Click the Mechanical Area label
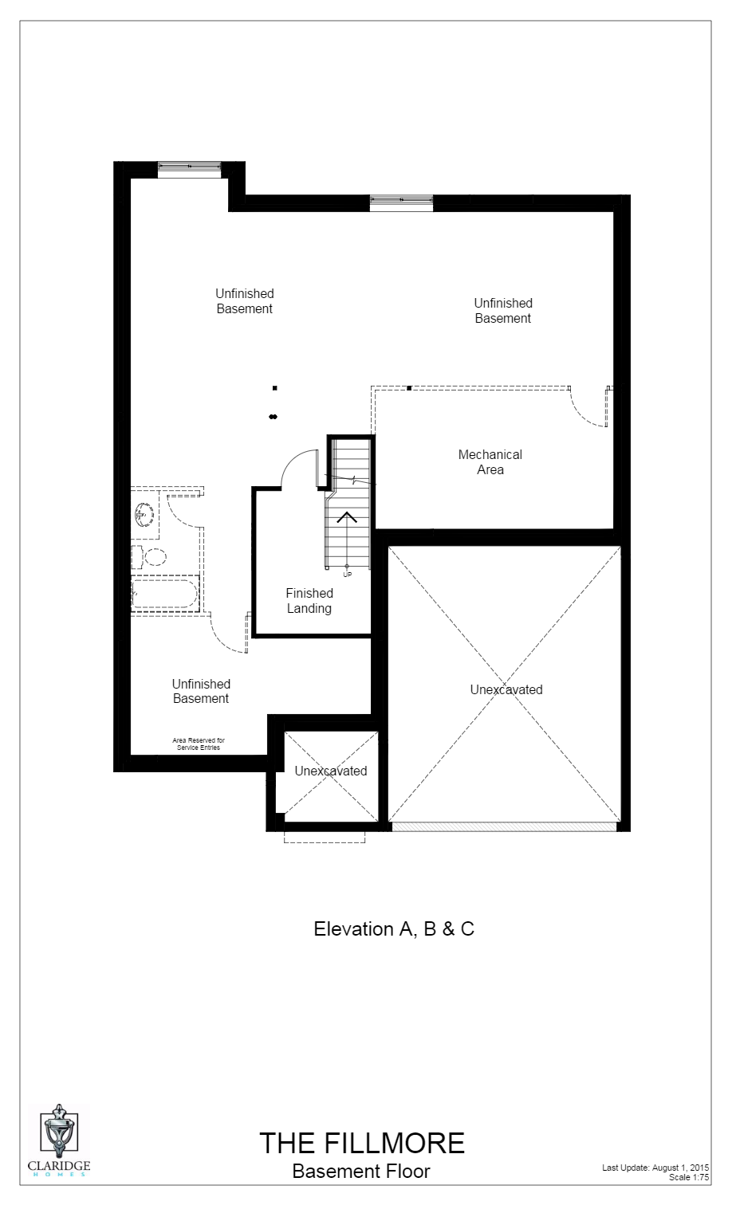tap(490, 462)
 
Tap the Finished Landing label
tap(309, 601)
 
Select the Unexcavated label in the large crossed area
tap(506, 690)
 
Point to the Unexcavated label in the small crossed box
tap(331, 771)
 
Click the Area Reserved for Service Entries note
tap(199, 744)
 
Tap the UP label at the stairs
tap(347, 575)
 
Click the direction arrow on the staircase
tap(347, 517)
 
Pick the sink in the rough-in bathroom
tap(144, 514)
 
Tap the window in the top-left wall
tap(189, 167)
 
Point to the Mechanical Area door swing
tap(588, 409)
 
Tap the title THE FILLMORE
tap(361, 1144)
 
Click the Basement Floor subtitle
tap(361, 1172)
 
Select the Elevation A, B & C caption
tap(394, 929)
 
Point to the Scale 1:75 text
tap(689, 1177)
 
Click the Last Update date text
tap(655, 1168)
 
